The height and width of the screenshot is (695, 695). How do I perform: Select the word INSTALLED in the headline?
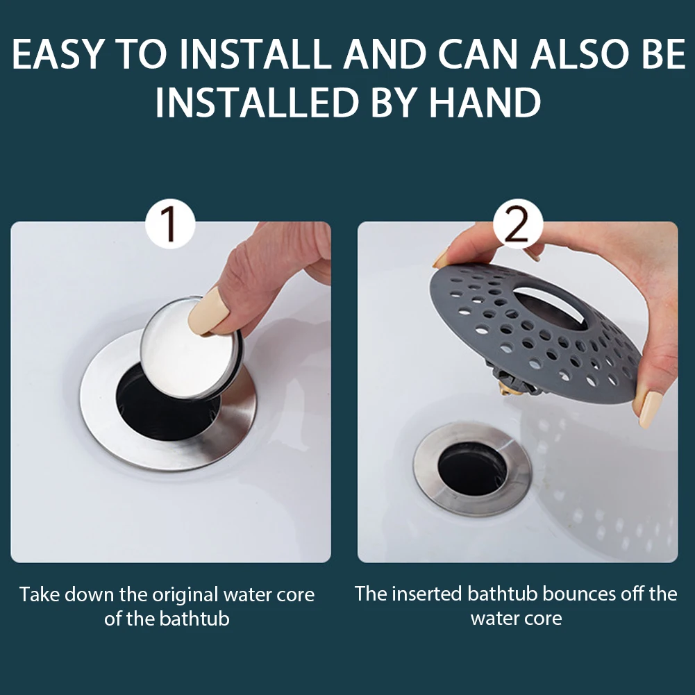(x=257, y=102)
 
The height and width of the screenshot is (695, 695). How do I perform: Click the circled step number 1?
(x=171, y=224)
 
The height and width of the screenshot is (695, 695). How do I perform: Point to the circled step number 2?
(x=518, y=224)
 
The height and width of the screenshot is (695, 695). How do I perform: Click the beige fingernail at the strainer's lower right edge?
(x=647, y=409)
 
